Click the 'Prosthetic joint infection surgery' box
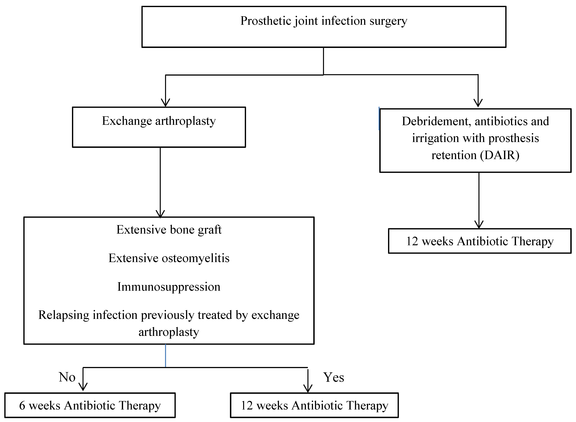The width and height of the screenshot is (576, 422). pos(324,27)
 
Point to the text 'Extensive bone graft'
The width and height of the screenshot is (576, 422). pos(169,230)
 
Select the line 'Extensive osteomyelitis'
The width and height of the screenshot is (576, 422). pos(169,258)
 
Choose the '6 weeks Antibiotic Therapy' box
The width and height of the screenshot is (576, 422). pos(90,405)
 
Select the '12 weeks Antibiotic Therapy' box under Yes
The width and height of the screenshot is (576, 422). pos(314,405)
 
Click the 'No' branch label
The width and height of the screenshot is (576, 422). pos(67,377)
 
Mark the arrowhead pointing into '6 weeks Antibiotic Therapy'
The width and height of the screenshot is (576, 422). pos(83,387)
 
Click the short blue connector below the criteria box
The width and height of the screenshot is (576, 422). pos(165,356)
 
